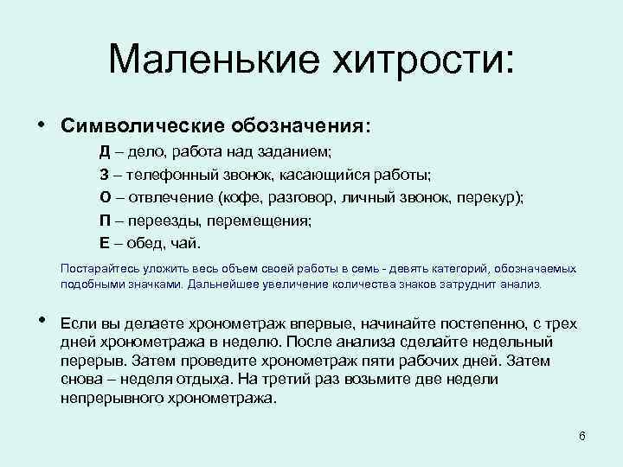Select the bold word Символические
tap(142, 126)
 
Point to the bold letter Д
tap(103, 152)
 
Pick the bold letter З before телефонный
tap(103, 175)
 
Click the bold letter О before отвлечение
tap(104, 197)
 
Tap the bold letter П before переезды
tap(104, 220)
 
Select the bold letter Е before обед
tap(103, 242)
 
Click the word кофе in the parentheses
tap(239, 197)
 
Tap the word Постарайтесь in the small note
tap(94, 269)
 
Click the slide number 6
tap(582, 435)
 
